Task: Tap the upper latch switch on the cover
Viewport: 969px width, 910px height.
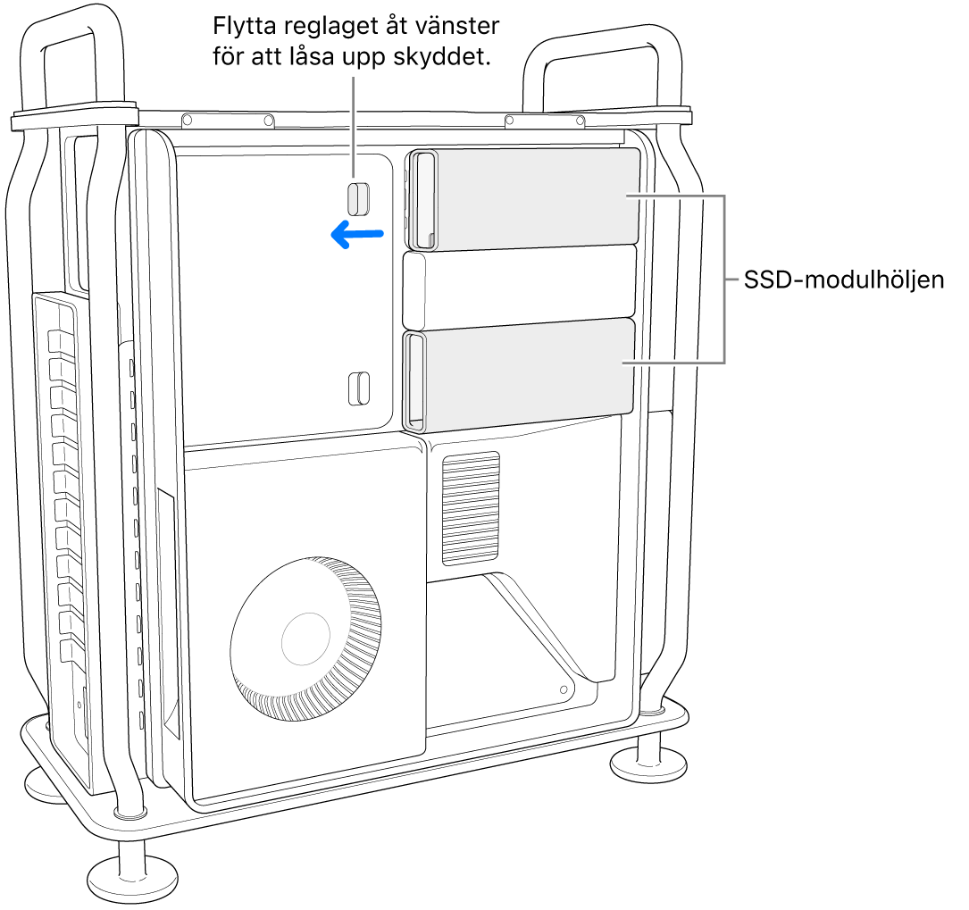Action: (357, 197)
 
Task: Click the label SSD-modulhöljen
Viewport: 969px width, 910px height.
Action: (844, 280)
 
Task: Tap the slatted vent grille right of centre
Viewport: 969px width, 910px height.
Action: (471, 508)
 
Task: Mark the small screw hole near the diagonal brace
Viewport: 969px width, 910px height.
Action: (564, 689)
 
